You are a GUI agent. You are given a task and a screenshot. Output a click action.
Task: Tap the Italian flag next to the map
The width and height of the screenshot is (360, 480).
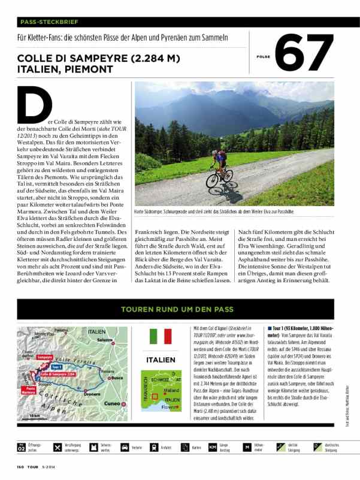[160, 336]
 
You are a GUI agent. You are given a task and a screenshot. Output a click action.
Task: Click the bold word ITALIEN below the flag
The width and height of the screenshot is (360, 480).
[161, 360]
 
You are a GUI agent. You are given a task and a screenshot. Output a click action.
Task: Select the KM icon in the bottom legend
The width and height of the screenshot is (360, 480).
[212, 447]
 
